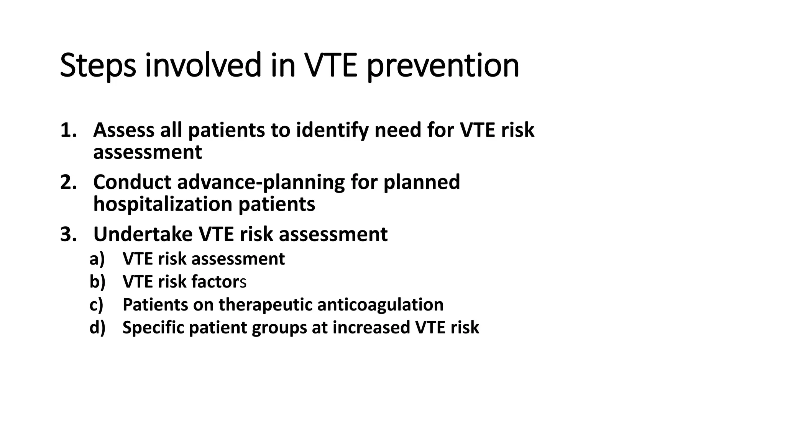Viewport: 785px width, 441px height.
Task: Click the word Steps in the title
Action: [98, 66]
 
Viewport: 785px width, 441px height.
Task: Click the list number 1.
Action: [68, 130]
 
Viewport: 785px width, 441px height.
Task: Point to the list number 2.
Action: [68, 182]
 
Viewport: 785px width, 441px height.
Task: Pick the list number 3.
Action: [68, 234]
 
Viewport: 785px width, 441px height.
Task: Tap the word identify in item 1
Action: [332, 130]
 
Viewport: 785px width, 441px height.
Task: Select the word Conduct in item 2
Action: [132, 182]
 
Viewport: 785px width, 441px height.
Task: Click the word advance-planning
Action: [261, 182]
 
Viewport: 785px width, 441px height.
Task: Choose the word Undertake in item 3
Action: [143, 234]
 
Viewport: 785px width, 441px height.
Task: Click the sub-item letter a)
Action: [97, 259]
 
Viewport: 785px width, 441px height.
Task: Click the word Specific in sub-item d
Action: [153, 328]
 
